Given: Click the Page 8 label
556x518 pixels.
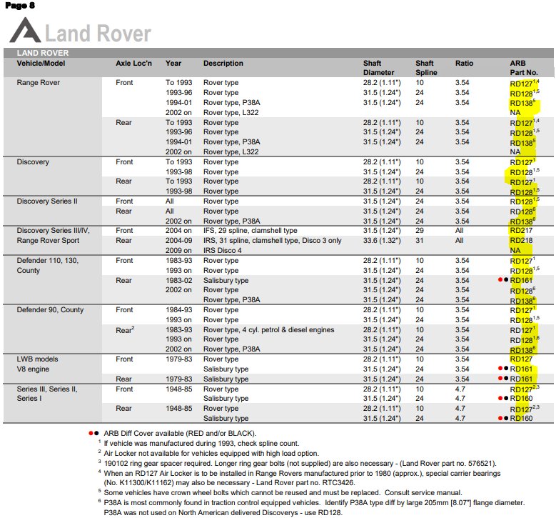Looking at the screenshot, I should click(x=19, y=6).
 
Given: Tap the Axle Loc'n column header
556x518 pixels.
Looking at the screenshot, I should click(x=134, y=64).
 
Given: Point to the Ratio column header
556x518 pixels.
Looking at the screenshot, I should click(x=464, y=64).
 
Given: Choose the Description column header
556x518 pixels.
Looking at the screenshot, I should click(x=223, y=64).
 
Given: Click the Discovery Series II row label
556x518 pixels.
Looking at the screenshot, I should click(x=47, y=201).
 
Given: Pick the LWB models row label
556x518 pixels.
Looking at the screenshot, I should click(x=38, y=359).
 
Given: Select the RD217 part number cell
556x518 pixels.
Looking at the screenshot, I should click(x=521, y=231).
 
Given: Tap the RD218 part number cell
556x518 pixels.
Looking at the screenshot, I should click(x=521, y=241).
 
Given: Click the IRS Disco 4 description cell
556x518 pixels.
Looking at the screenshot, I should click(x=225, y=251).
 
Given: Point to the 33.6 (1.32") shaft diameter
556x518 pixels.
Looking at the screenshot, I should click(x=382, y=241).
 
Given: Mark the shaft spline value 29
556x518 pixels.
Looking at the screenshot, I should click(x=420, y=231).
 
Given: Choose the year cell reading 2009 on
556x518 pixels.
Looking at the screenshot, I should click(x=178, y=251).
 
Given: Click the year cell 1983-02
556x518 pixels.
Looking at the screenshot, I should click(x=178, y=281).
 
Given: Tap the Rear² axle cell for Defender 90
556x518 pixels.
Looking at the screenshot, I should click(x=126, y=329).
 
